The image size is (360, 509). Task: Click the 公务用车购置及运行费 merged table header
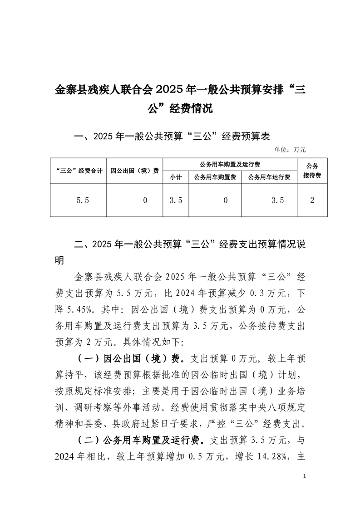[x=229, y=164]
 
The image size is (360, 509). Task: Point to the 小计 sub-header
[x=176, y=177]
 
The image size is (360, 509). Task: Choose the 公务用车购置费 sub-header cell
[x=215, y=177]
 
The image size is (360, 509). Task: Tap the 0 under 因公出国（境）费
[x=145, y=200]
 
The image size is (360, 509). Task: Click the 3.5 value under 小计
[x=176, y=200]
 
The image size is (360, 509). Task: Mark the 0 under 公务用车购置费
[x=225, y=200]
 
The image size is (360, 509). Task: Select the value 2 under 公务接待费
[x=312, y=200]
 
